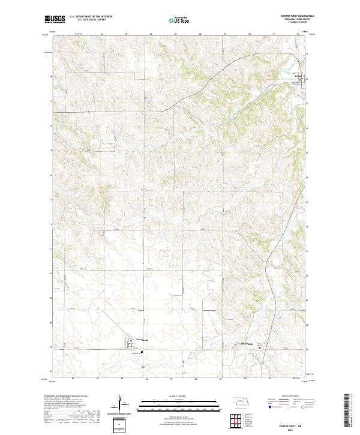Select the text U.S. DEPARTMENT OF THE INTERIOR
point(91,16)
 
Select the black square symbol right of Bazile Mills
point(259,347)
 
